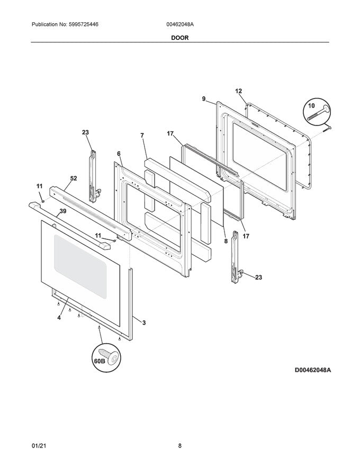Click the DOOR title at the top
(179, 38)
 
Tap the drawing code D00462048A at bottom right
(312, 370)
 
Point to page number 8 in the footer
(180, 446)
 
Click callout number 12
(238, 91)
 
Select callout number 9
(203, 98)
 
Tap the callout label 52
(74, 178)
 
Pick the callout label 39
(62, 211)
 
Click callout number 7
(142, 136)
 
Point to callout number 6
(119, 153)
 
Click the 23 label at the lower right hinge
(258, 277)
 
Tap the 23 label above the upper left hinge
(86, 133)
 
